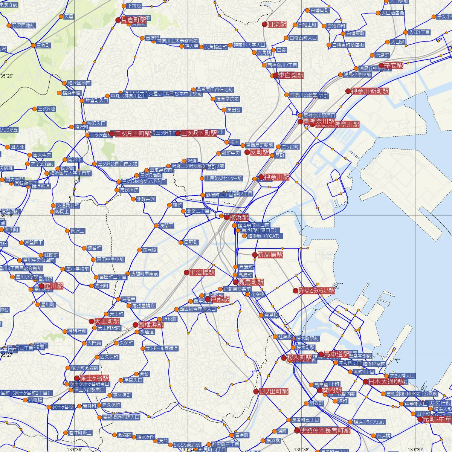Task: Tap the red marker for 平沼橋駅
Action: [186, 272]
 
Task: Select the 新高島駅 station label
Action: [270, 255]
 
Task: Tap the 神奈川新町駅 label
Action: [370, 91]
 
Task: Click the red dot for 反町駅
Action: [247, 152]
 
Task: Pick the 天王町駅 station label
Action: [107, 321]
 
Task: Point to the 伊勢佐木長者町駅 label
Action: [325, 430]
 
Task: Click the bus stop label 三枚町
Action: [43, 45]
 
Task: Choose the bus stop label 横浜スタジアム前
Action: [369, 421]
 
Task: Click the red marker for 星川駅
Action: [42, 286]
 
